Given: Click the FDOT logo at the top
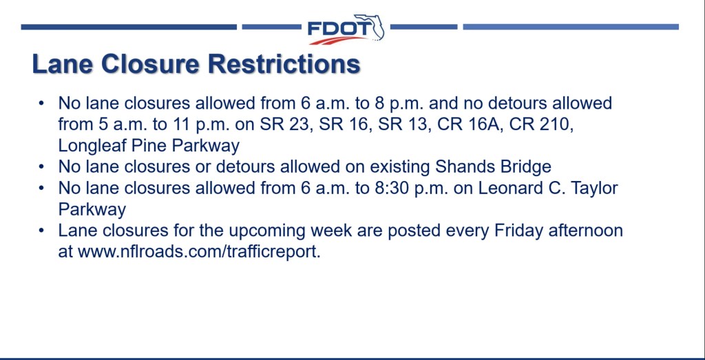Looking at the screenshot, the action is click(x=346, y=29).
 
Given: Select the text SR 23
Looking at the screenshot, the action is click(x=286, y=125).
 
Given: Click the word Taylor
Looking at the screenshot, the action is click(x=594, y=189).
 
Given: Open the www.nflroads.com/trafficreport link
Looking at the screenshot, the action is click(x=199, y=252).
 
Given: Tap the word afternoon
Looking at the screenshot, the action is click(x=586, y=231).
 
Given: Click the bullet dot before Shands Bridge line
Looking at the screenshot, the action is click(x=41, y=167).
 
